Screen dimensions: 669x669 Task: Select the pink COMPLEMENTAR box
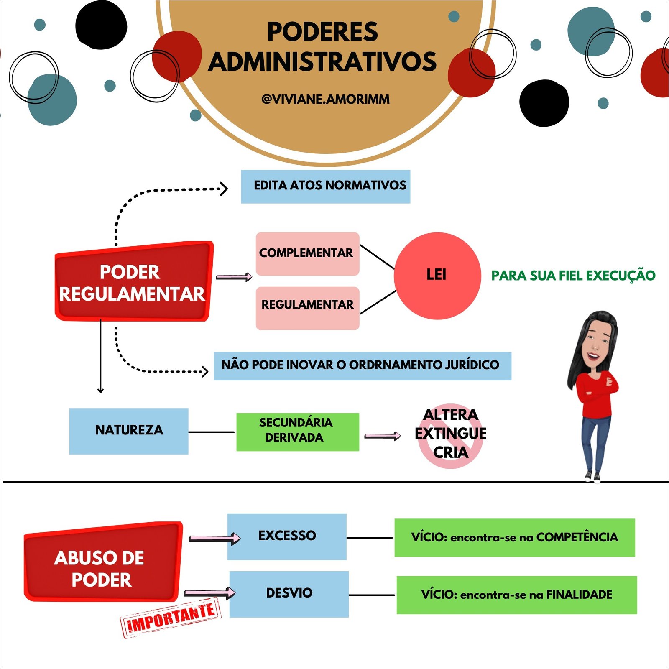click(x=307, y=253)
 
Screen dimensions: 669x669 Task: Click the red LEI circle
click(x=437, y=276)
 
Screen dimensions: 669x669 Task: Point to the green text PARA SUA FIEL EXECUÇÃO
click(x=573, y=276)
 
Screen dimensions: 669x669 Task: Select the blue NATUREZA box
click(x=129, y=431)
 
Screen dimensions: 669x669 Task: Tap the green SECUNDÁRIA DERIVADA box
click(x=297, y=432)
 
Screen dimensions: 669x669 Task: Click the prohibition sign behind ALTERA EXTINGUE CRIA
click(x=450, y=436)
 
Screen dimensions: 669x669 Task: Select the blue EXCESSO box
click(x=287, y=536)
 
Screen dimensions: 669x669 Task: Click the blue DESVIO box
click(x=289, y=594)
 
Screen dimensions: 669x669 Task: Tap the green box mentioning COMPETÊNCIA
click(x=514, y=538)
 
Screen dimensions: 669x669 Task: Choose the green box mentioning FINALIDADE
click(x=516, y=595)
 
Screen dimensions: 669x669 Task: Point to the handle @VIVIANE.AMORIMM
click(x=325, y=100)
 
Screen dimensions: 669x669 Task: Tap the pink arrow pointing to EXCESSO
click(x=214, y=539)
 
